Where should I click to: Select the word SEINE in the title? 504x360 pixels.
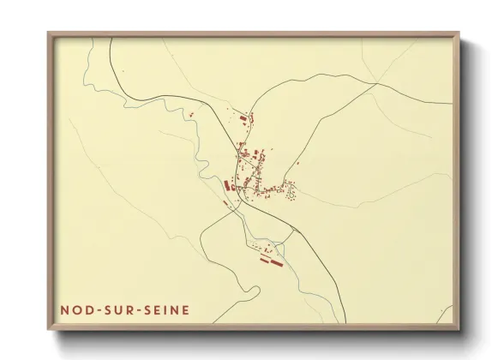click(x=167, y=310)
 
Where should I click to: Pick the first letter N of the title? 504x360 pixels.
click(x=64, y=310)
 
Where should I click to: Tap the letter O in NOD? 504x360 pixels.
click(x=75, y=310)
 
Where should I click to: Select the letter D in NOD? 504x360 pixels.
click(x=87, y=310)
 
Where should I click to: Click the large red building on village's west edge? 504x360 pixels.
click(x=228, y=185)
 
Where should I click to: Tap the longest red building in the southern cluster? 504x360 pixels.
click(x=277, y=261)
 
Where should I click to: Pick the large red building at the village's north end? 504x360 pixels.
click(x=243, y=119)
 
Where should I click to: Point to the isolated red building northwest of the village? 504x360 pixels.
click(x=193, y=113)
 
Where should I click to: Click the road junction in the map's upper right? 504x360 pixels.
click(x=375, y=83)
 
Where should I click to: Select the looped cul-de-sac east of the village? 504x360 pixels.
click(x=291, y=191)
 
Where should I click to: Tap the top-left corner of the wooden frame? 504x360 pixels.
click(x=49, y=33)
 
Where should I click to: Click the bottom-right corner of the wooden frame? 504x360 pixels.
click(x=458, y=328)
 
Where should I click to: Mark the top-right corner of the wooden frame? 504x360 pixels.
click(x=458, y=33)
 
